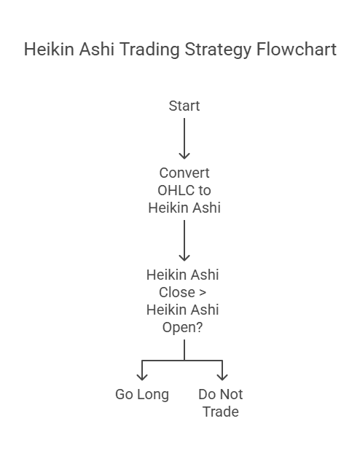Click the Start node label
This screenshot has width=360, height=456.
(x=184, y=106)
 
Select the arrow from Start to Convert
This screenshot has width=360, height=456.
(x=184, y=138)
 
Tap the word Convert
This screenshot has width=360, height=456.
(x=184, y=173)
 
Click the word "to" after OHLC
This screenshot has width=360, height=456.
(x=205, y=190)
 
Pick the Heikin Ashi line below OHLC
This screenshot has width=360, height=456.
(x=184, y=208)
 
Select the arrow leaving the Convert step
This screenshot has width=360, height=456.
(x=184, y=240)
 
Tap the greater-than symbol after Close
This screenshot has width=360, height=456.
(x=203, y=293)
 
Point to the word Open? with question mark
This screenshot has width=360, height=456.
(x=182, y=328)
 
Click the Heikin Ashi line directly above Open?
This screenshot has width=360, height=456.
(x=182, y=310)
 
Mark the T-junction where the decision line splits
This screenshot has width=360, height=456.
(x=184, y=361)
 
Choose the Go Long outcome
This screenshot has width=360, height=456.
(x=142, y=395)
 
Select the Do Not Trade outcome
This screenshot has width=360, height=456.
(x=221, y=403)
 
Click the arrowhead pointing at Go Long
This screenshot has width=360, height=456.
(x=142, y=377)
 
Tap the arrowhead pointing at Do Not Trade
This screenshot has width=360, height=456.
(x=222, y=377)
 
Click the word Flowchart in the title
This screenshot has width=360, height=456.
(x=297, y=49)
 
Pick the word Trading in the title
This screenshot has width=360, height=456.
(x=149, y=50)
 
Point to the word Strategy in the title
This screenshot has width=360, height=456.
(x=218, y=50)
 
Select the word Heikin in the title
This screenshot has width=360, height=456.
(x=49, y=49)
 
